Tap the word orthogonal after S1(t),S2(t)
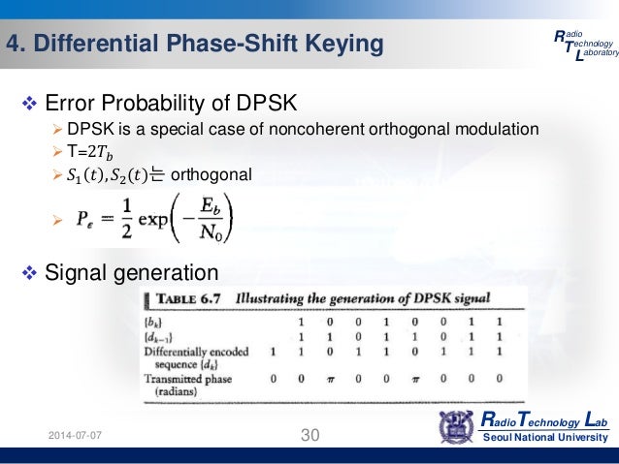[x=211, y=174]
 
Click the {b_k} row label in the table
[x=155, y=322]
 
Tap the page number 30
[x=309, y=436]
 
